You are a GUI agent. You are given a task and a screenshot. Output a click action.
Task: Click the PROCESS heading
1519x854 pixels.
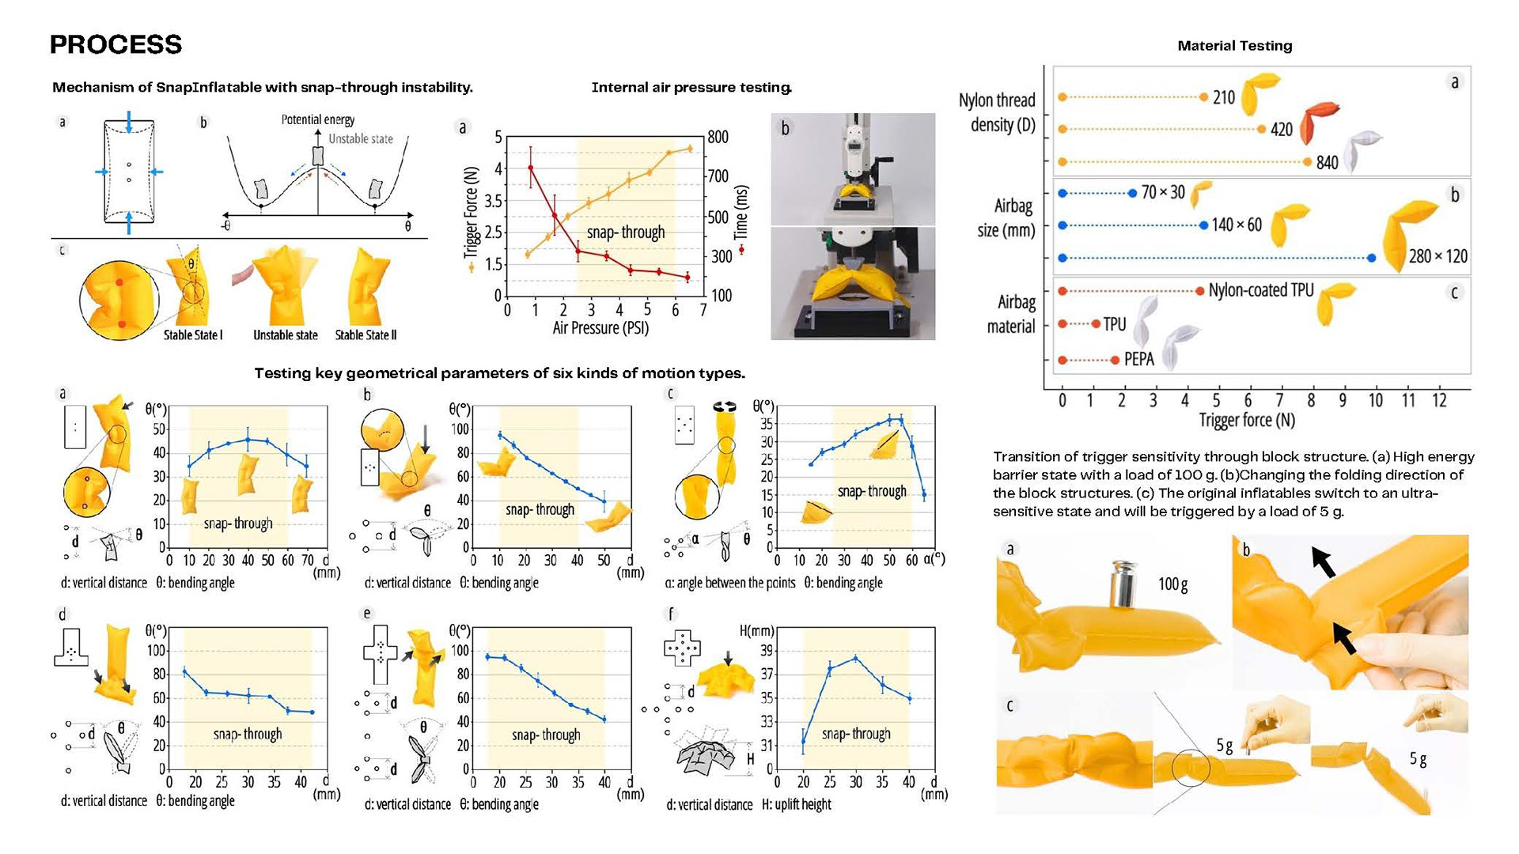(116, 44)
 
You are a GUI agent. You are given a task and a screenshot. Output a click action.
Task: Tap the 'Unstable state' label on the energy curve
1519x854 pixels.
(360, 138)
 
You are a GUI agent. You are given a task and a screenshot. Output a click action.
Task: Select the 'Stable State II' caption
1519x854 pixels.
(366, 334)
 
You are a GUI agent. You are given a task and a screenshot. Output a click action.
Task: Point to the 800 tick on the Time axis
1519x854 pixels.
(718, 137)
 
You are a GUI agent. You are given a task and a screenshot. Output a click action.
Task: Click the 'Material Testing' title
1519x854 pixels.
(1234, 46)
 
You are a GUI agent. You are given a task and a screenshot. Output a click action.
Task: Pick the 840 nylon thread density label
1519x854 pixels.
(1327, 162)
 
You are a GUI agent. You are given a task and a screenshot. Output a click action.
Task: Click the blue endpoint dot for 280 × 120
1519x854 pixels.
(1372, 258)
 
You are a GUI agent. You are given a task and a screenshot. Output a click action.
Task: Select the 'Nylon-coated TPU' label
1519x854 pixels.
(1260, 290)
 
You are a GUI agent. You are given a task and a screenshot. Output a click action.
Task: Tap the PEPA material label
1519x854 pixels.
(1138, 360)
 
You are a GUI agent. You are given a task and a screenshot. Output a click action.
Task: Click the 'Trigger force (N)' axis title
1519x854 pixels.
(1247, 420)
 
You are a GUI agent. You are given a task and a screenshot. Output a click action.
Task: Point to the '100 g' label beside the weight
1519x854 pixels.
(1172, 584)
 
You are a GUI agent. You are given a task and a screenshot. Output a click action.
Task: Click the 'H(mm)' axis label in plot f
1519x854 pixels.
(756, 631)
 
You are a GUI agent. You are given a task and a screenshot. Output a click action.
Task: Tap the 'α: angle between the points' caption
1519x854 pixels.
(729, 583)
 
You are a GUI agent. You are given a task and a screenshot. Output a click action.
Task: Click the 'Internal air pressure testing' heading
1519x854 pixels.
(691, 88)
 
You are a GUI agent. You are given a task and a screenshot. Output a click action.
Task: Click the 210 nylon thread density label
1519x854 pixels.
(1223, 97)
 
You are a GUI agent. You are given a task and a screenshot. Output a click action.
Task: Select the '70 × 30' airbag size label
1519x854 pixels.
(1162, 192)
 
